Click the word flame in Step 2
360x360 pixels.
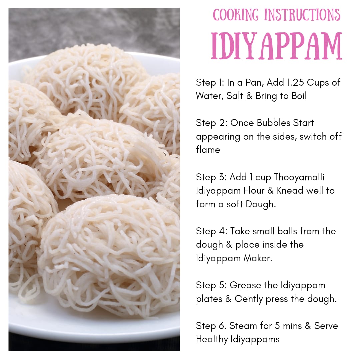(x=208, y=150)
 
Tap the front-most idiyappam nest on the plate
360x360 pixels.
(x=110, y=253)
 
